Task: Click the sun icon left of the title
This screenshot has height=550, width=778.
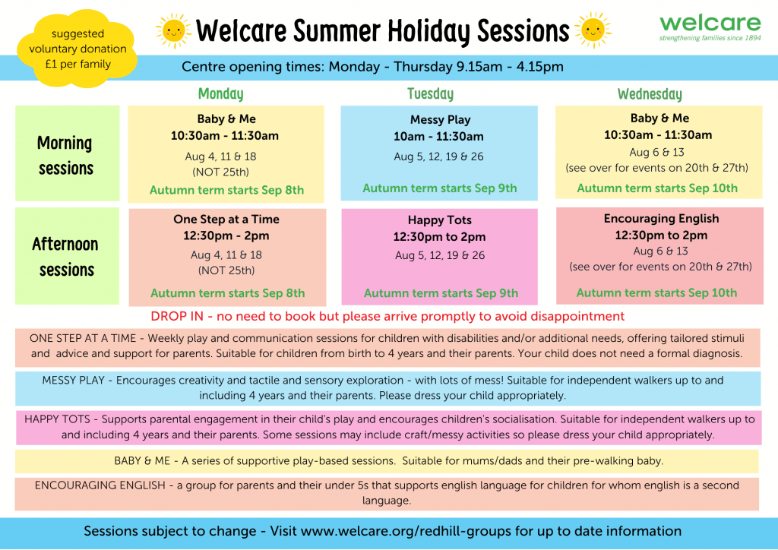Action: (x=173, y=30)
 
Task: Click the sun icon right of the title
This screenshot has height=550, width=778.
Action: (x=593, y=30)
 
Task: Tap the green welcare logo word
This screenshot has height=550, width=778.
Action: (x=710, y=23)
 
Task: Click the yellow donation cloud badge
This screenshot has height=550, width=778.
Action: (x=77, y=48)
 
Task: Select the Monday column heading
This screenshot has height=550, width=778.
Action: (x=221, y=93)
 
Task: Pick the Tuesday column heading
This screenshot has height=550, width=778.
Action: (x=430, y=93)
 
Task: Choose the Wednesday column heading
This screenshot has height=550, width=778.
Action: (x=650, y=93)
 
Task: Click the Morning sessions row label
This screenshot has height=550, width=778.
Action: (x=65, y=155)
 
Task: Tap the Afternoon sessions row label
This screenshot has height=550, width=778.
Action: (x=65, y=257)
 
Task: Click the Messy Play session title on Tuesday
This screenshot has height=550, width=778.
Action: (x=440, y=119)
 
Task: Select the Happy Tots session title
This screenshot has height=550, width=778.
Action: (x=440, y=220)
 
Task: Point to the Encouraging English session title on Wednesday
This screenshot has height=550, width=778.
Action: (x=661, y=219)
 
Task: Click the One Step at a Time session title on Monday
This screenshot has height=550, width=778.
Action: (x=226, y=220)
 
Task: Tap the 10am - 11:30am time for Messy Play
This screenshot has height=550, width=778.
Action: (x=438, y=137)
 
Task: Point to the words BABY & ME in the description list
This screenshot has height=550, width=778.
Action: (x=142, y=460)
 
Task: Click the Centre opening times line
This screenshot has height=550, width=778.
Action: (x=372, y=66)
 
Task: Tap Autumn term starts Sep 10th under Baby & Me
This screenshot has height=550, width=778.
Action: (x=657, y=188)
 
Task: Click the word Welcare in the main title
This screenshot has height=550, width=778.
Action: (x=241, y=30)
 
